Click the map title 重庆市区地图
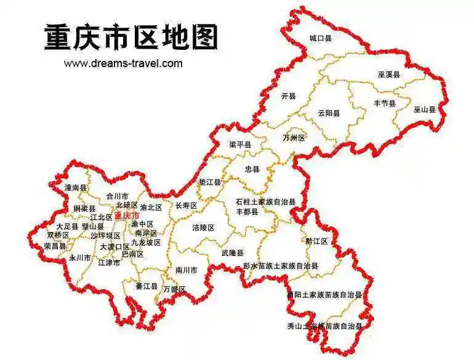(x=131, y=38)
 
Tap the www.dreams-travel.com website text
(x=123, y=63)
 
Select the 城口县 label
(x=320, y=39)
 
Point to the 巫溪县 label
(x=389, y=74)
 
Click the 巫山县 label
(x=424, y=110)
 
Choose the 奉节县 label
(x=385, y=103)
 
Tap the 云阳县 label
(x=329, y=113)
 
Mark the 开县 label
(x=288, y=96)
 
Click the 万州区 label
(x=294, y=138)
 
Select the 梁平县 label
(x=240, y=145)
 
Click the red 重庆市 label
(x=127, y=216)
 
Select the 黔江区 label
(x=317, y=241)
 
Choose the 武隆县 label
(x=233, y=254)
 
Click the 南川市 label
(x=187, y=270)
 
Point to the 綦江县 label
(x=147, y=286)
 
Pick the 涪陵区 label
(x=203, y=228)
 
